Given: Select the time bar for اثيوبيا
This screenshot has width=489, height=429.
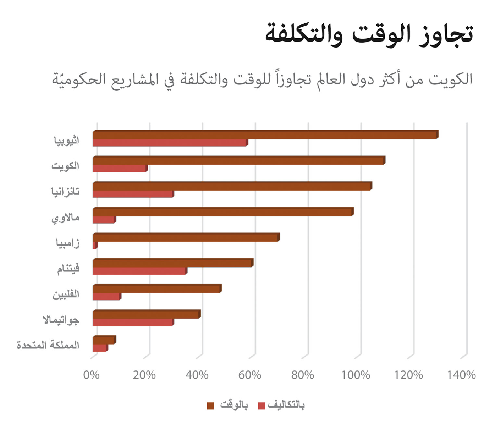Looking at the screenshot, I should coord(265,135).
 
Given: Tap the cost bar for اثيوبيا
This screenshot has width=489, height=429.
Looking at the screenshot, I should coord(169,143).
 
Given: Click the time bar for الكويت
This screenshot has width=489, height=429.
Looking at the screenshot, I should coord(238,161).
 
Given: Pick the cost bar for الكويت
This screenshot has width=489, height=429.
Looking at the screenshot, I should coord(119,169).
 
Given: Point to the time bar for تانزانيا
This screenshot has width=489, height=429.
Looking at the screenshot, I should coord(232,186).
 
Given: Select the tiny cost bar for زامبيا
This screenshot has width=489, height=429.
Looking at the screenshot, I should coord(95,246).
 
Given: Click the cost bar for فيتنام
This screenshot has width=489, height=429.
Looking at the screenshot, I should coord(139,271).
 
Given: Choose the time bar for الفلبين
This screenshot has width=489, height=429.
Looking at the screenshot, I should coord(157,289).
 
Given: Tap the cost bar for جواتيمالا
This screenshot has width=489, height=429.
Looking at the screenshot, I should coord(133,322).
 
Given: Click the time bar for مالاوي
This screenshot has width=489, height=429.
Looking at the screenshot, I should coord(222,212).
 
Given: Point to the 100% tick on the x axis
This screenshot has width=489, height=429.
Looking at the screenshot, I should coord(356,375).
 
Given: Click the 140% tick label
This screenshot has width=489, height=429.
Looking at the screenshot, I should coord(461,375).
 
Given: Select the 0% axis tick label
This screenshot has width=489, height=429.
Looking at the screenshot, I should coord(91,375).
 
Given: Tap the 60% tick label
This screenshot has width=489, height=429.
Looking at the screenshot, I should coord(249,375).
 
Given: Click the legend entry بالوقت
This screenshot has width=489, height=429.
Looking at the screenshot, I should coord(234,405).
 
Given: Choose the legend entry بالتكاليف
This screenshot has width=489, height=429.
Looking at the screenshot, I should coord(286,405).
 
